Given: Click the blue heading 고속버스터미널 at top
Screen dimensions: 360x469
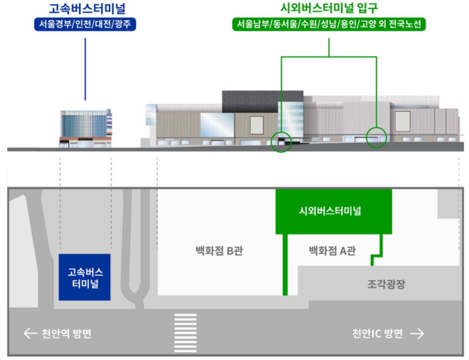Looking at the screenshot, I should (x=85, y=9).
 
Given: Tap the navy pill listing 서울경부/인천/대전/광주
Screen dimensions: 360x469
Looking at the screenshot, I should (x=85, y=24).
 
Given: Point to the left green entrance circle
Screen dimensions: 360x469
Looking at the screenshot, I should (x=281, y=142).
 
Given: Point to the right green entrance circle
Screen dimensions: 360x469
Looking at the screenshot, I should (x=376, y=137).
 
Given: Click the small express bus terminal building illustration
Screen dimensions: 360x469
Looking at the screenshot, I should (x=85, y=129).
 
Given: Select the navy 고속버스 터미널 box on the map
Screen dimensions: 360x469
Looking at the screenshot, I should (x=85, y=278).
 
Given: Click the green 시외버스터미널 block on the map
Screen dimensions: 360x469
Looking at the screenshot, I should (x=334, y=212).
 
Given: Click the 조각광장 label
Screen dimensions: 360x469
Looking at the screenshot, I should (x=386, y=285).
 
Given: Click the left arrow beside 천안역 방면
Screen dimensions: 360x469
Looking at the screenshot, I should (x=30, y=334).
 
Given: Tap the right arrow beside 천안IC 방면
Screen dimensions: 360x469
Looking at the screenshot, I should (x=417, y=334).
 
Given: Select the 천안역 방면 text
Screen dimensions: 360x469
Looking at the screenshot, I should (x=66, y=334).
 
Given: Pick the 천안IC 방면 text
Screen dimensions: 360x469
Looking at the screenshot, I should (x=377, y=334).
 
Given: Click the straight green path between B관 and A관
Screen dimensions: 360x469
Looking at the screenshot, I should (x=285, y=265).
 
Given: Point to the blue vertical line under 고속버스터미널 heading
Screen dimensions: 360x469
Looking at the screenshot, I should (x=85, y=69).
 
